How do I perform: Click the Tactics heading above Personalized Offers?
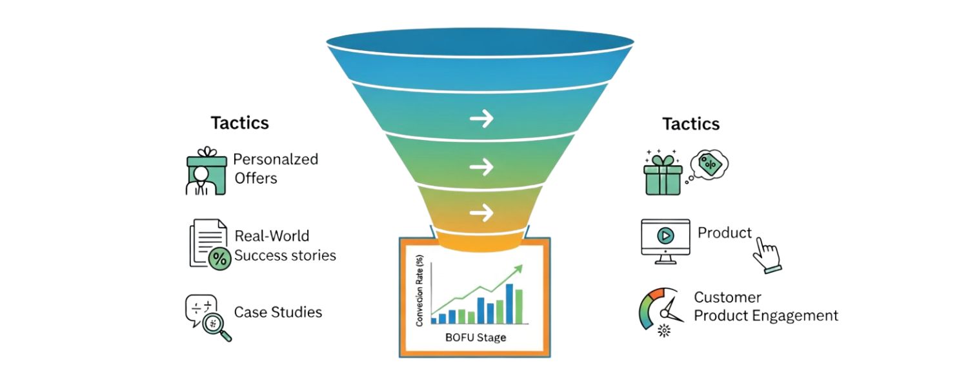pyautogui.click(x=239, y=123)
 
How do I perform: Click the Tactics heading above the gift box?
pyautogui.click(x=691, y=123)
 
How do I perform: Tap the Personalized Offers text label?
pyautogui.click(x=276, y=168)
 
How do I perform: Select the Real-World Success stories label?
pyautogui.click(x=285, y=246)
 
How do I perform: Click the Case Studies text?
pyautogui.click(x=277, y=313)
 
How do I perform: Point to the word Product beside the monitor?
pyautogui.click(x=725, y=233)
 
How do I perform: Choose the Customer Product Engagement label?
pyautogui.click(x=765, y=306)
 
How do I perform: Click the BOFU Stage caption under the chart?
pyautogui.click(x=475, y=337)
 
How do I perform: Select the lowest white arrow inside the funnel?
pyautogui.click(x=481, y=212)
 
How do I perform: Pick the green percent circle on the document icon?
pyautogui.click(x=219, y=259)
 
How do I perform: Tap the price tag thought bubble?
pyautogui.click(x=709, y=165)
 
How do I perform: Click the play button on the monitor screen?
pyautogui.click(x=665, y=236)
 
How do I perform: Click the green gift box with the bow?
pyautogui.click(x=663, y=174)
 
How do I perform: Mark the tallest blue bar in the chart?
pyautogui.click(x=509, y=304)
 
